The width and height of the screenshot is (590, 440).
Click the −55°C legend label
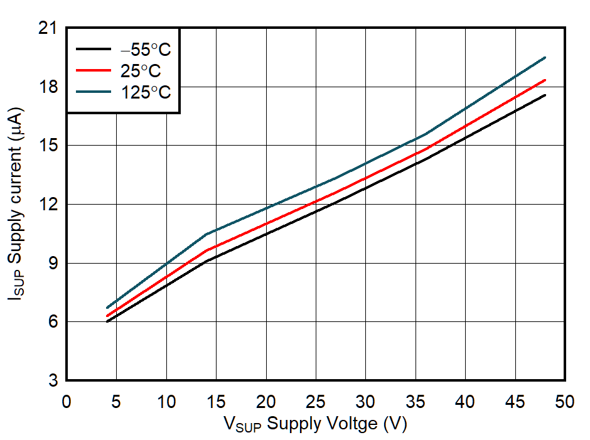click(146, 50)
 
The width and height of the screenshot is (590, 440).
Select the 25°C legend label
click(141, 70)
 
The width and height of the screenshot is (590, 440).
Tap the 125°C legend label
click(146, 92)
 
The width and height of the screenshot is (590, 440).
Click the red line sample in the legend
click(94, 70)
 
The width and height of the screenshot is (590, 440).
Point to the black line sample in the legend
click(94, 49)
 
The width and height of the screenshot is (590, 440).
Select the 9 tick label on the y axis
click(53, 263)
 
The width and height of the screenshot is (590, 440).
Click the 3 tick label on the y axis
click(53, 380)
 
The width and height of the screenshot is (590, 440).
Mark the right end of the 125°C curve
click(545, 58)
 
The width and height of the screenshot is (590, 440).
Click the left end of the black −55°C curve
click(107, 321)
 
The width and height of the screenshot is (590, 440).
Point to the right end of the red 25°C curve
click(545, 80)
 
